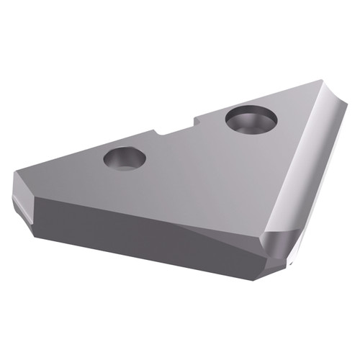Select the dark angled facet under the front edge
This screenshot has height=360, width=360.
point(216,241)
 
